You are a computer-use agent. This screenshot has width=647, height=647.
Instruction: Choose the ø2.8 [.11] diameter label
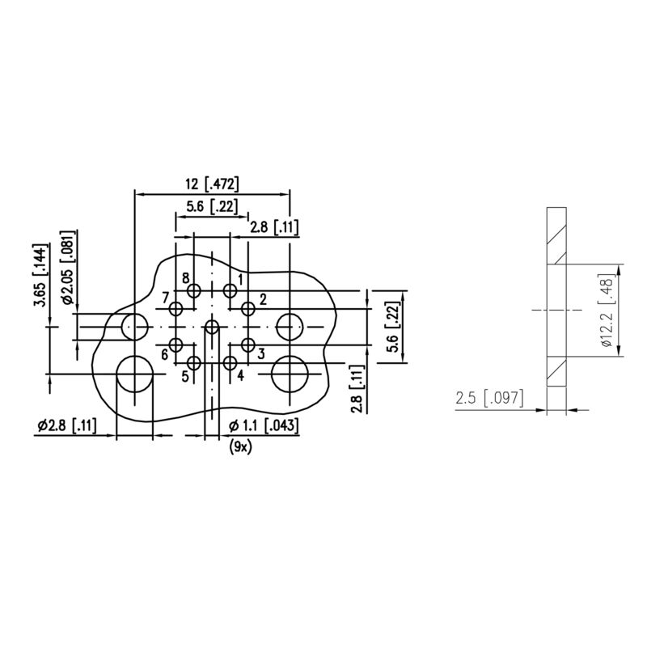pyautogui.click(x=66, y=427)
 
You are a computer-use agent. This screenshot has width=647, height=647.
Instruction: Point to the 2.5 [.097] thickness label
pyautogui.click(x=489, y=398)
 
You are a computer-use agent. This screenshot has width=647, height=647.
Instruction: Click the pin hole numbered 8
pyautogui.click(x=193, y=290)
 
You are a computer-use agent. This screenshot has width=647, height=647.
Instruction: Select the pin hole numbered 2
pyautogui.click(x=248, y=307)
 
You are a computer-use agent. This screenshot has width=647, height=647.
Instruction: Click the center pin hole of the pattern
pyautogui.click(x=212, y=327)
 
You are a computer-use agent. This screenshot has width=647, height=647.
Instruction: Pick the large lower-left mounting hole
pyautogui.click(x=134, y=375)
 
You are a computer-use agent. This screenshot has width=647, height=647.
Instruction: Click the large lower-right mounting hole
pyautogui.click(x=290, y=374)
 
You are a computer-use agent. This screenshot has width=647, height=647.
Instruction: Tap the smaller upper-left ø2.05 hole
pyautogui.click(x=134, y=327)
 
